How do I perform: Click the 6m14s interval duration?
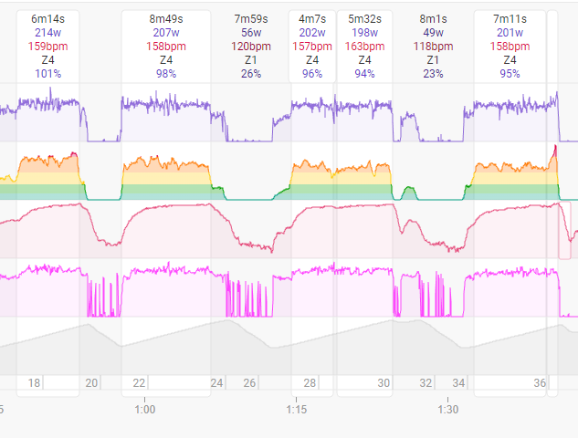[47, 18]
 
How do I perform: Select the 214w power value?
[47, 32]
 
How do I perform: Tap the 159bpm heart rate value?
[47, 47]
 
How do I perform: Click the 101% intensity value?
[47, 74]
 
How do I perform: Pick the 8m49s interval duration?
[166, 18]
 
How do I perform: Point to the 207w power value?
[166, 32]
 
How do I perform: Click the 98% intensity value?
[166, 74]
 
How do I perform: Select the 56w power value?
[251, 32]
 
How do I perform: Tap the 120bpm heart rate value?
[251, 47]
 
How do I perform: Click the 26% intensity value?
[251, 74]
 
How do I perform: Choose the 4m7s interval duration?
[312, 18]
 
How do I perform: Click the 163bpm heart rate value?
[364, 47]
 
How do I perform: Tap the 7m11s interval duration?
[510, 18]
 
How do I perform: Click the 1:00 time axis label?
[144, 410]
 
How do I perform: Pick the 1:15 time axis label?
[296, 410]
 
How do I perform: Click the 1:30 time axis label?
[447, 410]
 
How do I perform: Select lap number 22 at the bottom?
[139, 383]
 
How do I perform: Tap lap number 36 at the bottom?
[540, 383]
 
